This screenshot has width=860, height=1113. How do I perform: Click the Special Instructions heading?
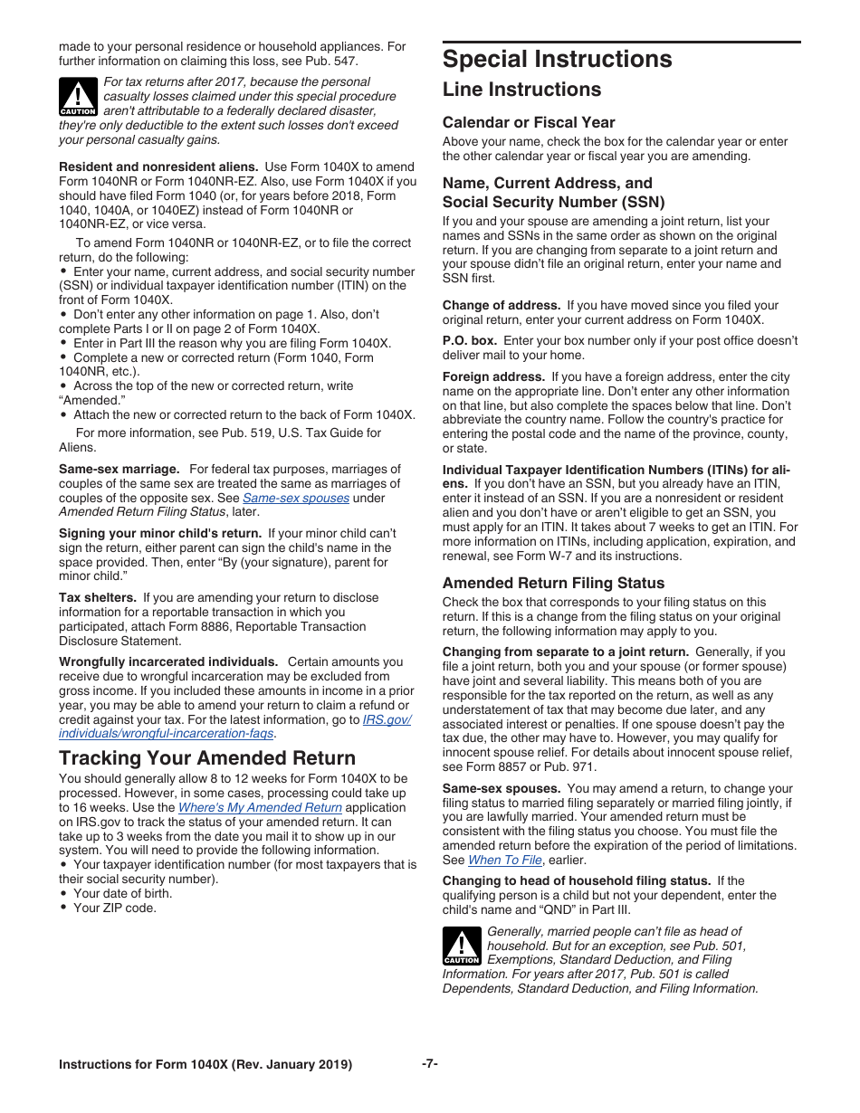557,60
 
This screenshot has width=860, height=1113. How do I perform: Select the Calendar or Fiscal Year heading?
529,122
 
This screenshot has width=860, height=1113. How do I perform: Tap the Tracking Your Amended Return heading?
207,758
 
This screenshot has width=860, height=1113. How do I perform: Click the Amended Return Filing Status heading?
553,584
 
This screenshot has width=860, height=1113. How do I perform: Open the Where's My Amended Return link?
260,807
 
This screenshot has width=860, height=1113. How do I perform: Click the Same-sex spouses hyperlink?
296,498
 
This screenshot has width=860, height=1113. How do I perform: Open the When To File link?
505,860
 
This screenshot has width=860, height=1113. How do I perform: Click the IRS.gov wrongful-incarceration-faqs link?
234,727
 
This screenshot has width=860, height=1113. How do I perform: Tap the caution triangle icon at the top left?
78,95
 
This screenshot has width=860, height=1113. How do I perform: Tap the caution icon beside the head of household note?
462,946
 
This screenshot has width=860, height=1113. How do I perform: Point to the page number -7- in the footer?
430,1063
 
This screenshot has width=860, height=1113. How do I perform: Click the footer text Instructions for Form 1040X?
205,1064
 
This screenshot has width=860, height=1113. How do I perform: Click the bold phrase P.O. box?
470,340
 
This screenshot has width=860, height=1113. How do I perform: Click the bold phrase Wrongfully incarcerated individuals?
168,661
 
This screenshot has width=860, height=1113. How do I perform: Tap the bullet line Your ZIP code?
114,908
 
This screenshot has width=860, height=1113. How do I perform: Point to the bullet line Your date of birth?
122,893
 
